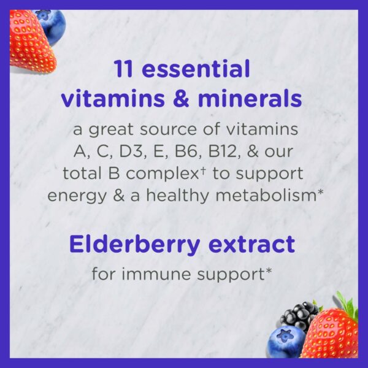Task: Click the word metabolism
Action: coord(268,195)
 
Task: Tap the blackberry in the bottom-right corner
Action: coord(298,314)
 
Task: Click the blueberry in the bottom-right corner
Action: coord(286,340)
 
